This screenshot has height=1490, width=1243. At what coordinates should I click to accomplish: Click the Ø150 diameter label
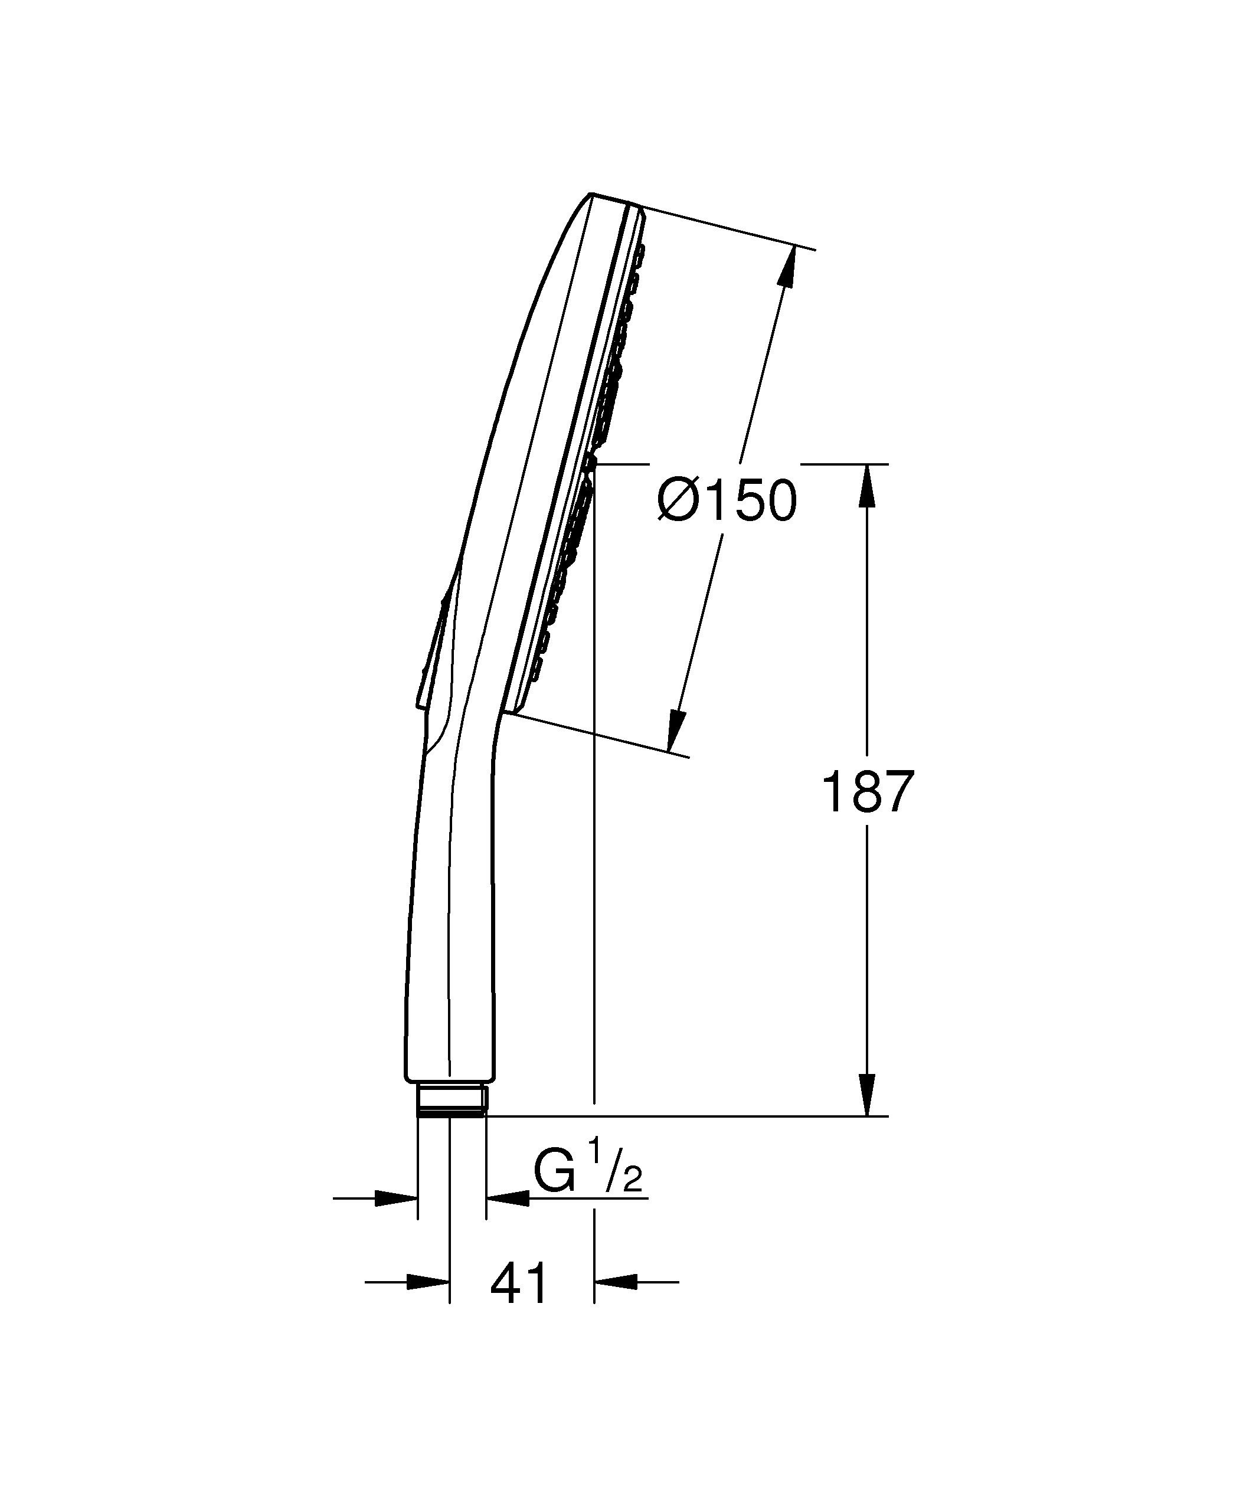pos(727,501)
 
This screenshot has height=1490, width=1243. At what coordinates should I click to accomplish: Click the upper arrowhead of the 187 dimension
pos(866,486)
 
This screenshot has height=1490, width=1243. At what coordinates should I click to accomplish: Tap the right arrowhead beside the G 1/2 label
pos(506,1198)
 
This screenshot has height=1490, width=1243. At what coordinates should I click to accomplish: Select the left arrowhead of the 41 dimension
pos(428,1282)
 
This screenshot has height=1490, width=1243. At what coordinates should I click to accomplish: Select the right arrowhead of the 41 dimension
pos(616,1282)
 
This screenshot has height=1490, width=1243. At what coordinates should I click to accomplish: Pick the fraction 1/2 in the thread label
pos(624,1171)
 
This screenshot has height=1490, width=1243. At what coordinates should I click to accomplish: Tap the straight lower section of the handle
pos(450,958)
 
